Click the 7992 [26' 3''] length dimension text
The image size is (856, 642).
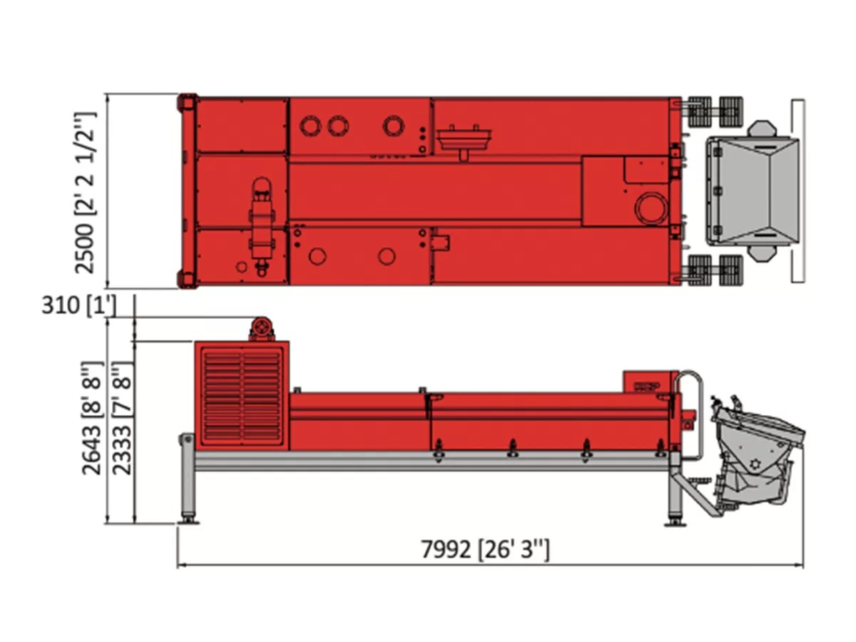(485, 549)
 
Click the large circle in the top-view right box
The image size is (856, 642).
(651, 209)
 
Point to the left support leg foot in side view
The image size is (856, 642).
(188, 519)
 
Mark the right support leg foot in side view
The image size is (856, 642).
(674, 521)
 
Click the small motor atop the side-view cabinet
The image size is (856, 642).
(262, 330)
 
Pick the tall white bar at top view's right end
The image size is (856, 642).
(798, 190)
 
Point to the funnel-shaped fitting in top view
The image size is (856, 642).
(464, 140)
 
